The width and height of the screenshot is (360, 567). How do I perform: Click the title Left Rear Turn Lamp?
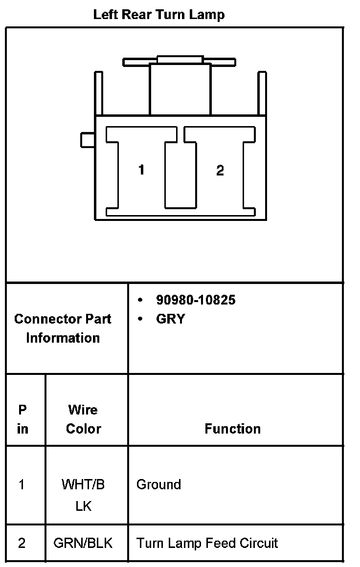coord(159,15)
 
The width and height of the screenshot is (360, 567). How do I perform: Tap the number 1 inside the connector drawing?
coord(141,170)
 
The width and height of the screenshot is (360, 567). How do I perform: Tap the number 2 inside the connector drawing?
coord(220,170)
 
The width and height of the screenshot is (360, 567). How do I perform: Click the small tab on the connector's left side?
coord(88,140)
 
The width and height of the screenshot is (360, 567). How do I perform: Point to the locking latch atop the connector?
coord(180,61)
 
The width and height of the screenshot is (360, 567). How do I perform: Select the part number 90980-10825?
coord(196,300)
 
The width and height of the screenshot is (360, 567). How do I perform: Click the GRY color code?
coord(170,319)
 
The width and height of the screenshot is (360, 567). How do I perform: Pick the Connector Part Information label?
coord(63,328)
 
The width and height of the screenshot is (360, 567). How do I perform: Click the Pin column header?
coord(22,419)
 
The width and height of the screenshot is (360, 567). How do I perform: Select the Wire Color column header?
coord(83,419)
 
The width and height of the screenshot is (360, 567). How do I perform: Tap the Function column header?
coord(232,429)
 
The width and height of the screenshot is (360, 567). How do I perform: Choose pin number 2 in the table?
coord(22,543)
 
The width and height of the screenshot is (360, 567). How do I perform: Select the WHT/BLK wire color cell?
coord(83,495)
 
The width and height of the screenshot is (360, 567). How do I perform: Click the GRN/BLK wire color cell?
coord(83,543)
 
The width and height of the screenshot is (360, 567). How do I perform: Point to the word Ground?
coord(158,484)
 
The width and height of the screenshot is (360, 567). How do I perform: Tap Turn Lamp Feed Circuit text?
coord(207,543)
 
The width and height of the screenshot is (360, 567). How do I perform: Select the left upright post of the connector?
coord(99,93)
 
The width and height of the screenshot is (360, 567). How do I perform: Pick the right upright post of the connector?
coord(262,93)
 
